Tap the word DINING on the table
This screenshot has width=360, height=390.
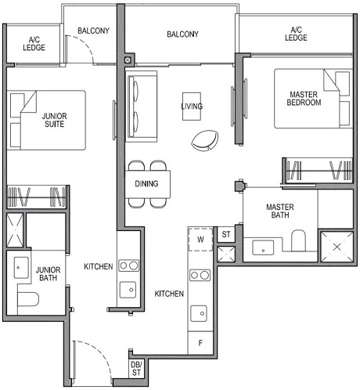[146, 184]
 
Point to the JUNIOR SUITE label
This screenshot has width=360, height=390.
[54, 120]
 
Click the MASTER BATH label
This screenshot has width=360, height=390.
[279, 211]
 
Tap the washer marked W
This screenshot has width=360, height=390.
[200, 240]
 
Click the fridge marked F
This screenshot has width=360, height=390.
[200, 342]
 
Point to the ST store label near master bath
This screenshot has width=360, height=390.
[225, 234]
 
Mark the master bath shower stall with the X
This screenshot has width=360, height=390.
[337, 247]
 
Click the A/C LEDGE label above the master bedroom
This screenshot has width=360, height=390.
[296, 34]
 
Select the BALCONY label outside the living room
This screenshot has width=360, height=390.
[182, 34]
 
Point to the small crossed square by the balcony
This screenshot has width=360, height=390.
[128, 58]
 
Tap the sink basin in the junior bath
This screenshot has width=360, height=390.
[21, 267]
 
